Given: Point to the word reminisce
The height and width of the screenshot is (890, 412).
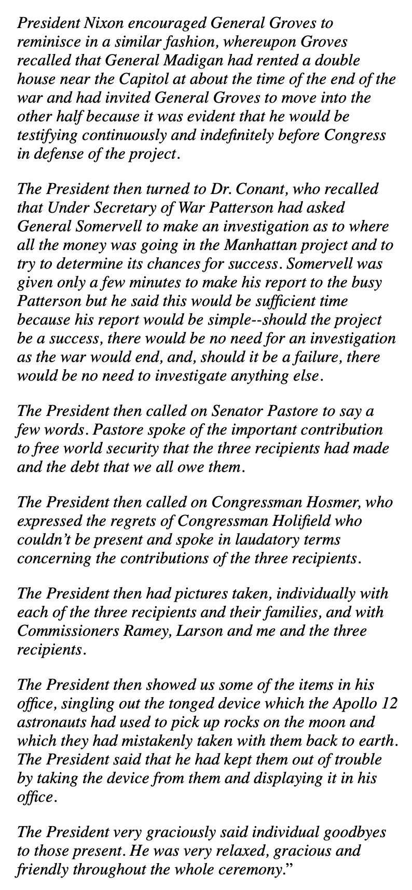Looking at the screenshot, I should click(48, 42).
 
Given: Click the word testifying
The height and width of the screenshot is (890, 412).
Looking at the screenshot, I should click(47, 135).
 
